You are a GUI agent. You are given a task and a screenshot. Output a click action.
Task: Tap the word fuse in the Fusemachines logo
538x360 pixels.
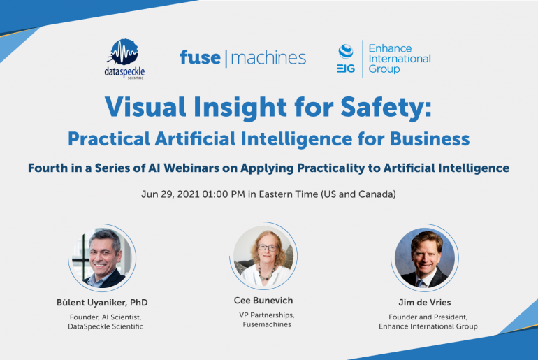(200, 57)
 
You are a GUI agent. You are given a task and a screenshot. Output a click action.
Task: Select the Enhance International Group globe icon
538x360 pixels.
(345, 51)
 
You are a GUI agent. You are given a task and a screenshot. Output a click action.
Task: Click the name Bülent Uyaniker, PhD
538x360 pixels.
(102, 302)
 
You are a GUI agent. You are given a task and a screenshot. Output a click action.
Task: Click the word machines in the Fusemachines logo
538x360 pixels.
(268, 57)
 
